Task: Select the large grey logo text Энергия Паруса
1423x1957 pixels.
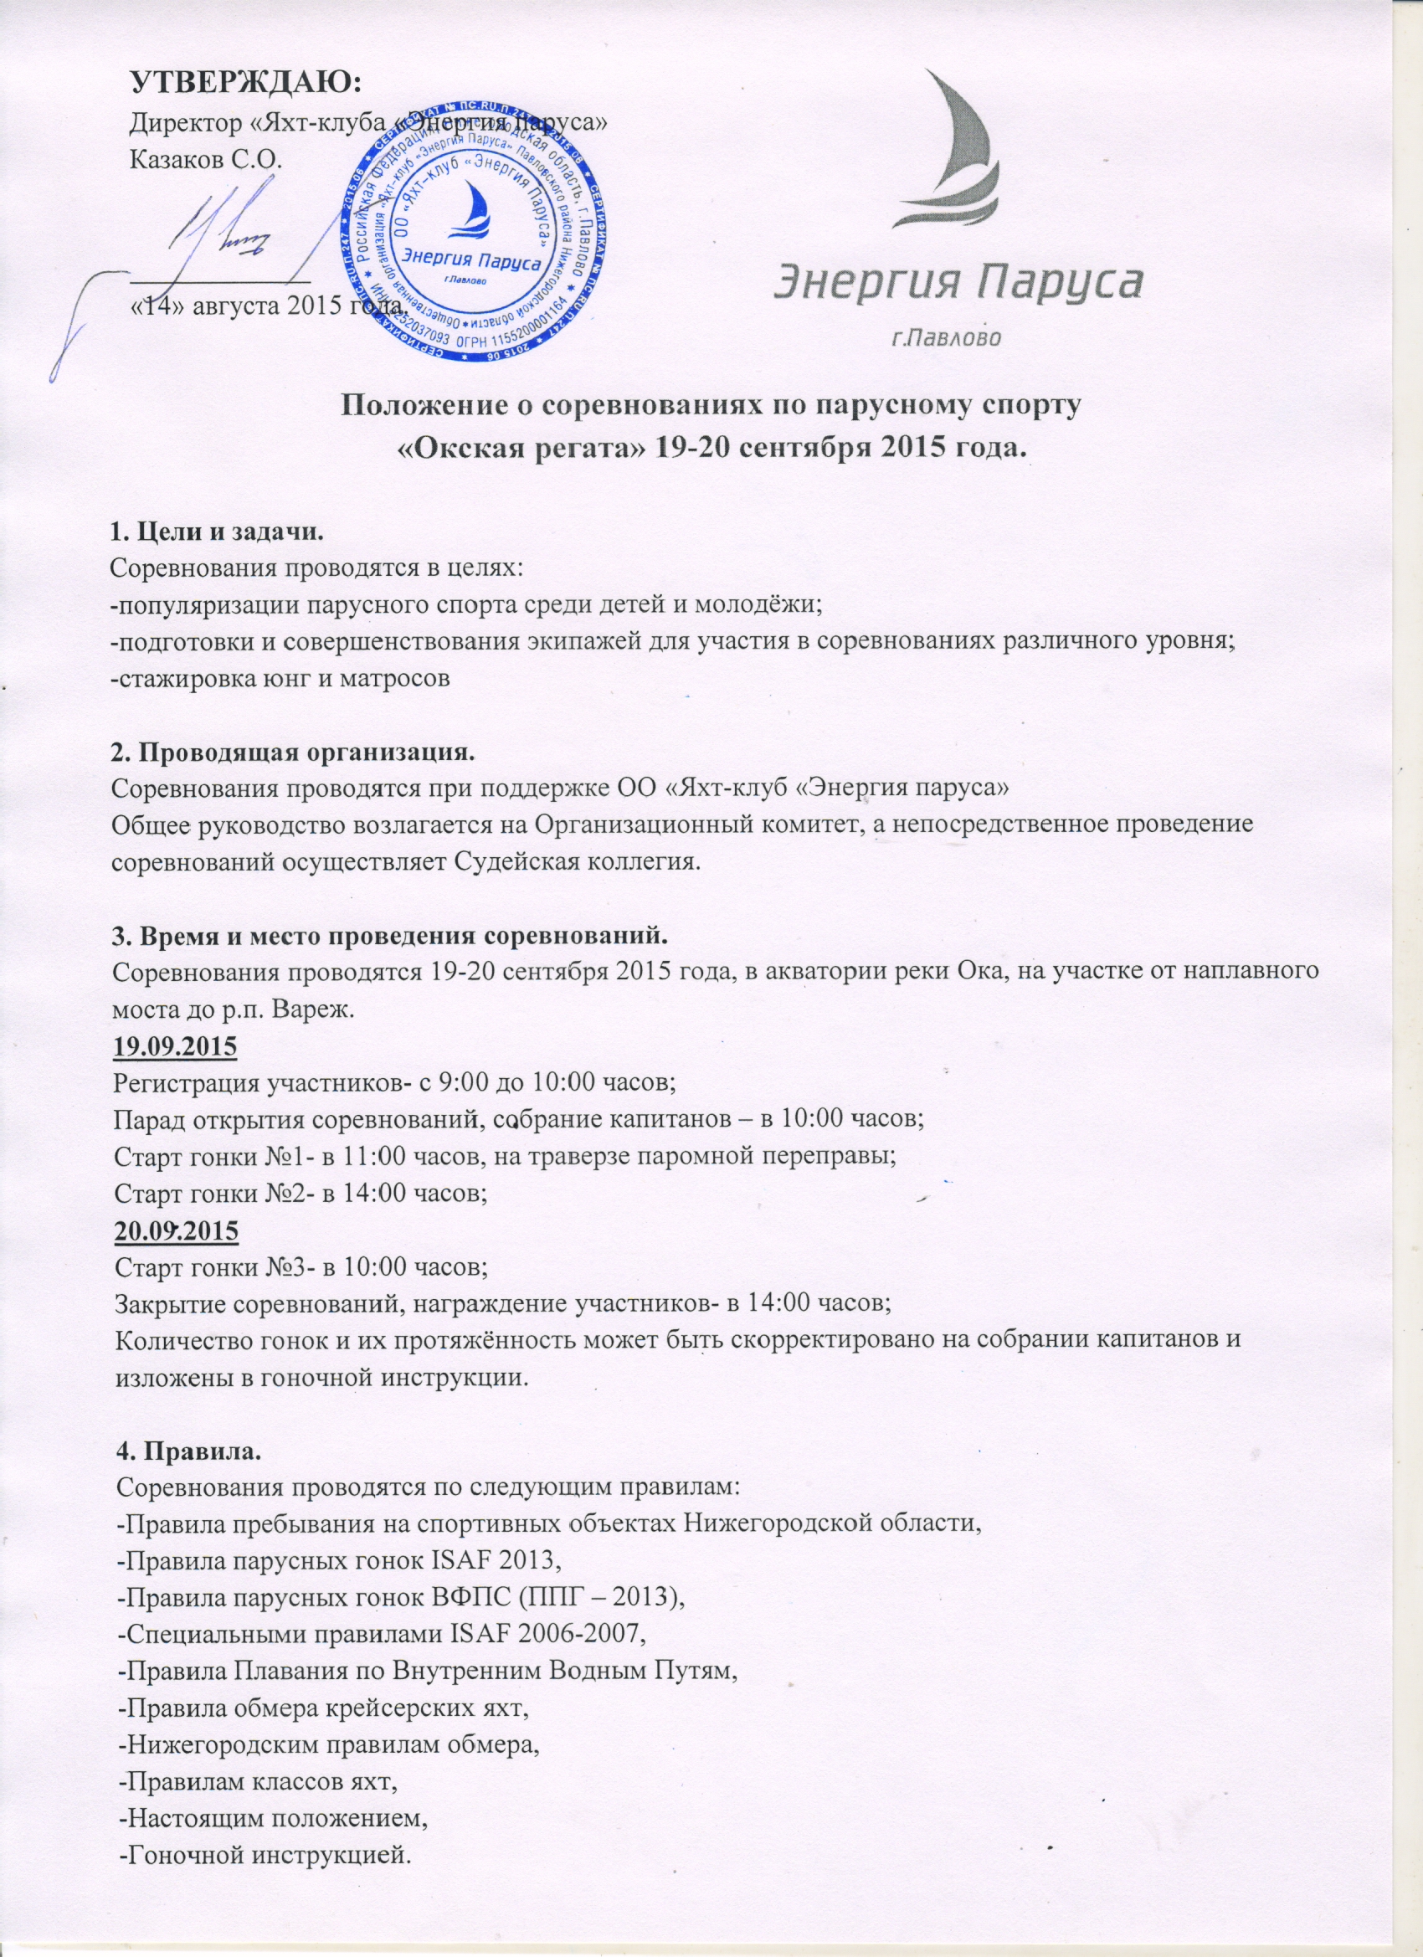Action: coord(958,282)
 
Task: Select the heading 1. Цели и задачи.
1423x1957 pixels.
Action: coord(217,532)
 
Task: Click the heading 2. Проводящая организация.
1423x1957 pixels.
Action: coord(294,752)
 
